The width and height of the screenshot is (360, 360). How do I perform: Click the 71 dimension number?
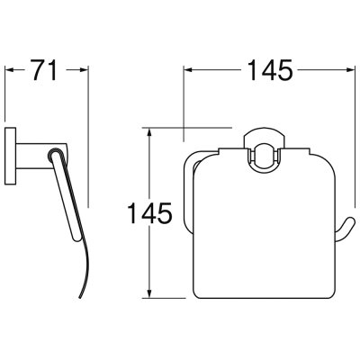(x=44, y=70)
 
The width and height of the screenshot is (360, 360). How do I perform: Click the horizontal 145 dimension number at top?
(x=270, y=70)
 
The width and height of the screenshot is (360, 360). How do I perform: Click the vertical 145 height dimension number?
(x=149, y=213)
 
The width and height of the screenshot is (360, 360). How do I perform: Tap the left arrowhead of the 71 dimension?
(x=10, y=70)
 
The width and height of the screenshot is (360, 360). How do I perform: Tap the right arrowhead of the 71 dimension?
(x=85, y=70)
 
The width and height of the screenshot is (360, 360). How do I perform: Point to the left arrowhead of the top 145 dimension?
(x=188, y=70)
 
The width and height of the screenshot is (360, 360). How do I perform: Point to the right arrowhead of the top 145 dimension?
(x=351, y=70)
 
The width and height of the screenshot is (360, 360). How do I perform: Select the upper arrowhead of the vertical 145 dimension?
(x=150, y=132)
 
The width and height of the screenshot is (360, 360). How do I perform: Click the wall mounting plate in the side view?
(x=11, y=156)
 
